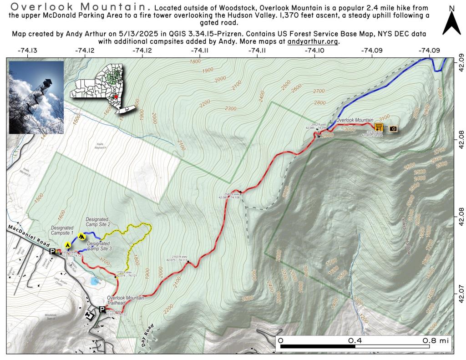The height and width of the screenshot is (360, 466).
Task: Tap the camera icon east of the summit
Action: (x=393, y=129)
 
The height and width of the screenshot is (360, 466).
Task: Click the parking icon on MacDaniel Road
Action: (x=52, y=251)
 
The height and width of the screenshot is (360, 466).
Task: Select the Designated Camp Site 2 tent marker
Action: (x=81, y=236)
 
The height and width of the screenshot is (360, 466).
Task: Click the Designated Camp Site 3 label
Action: (x=99, y=246)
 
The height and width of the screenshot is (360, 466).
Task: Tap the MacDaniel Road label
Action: (x=27, y=234)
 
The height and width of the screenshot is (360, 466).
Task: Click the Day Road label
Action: (x=148, y=336)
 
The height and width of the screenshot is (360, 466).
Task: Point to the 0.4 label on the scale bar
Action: (x=355, y=340)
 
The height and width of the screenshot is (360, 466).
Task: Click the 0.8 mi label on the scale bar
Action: (x=435, y=340)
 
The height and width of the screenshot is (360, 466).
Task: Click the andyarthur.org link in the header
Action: (x=314, y=41)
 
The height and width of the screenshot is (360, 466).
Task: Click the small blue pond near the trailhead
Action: (x=95, y=281)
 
